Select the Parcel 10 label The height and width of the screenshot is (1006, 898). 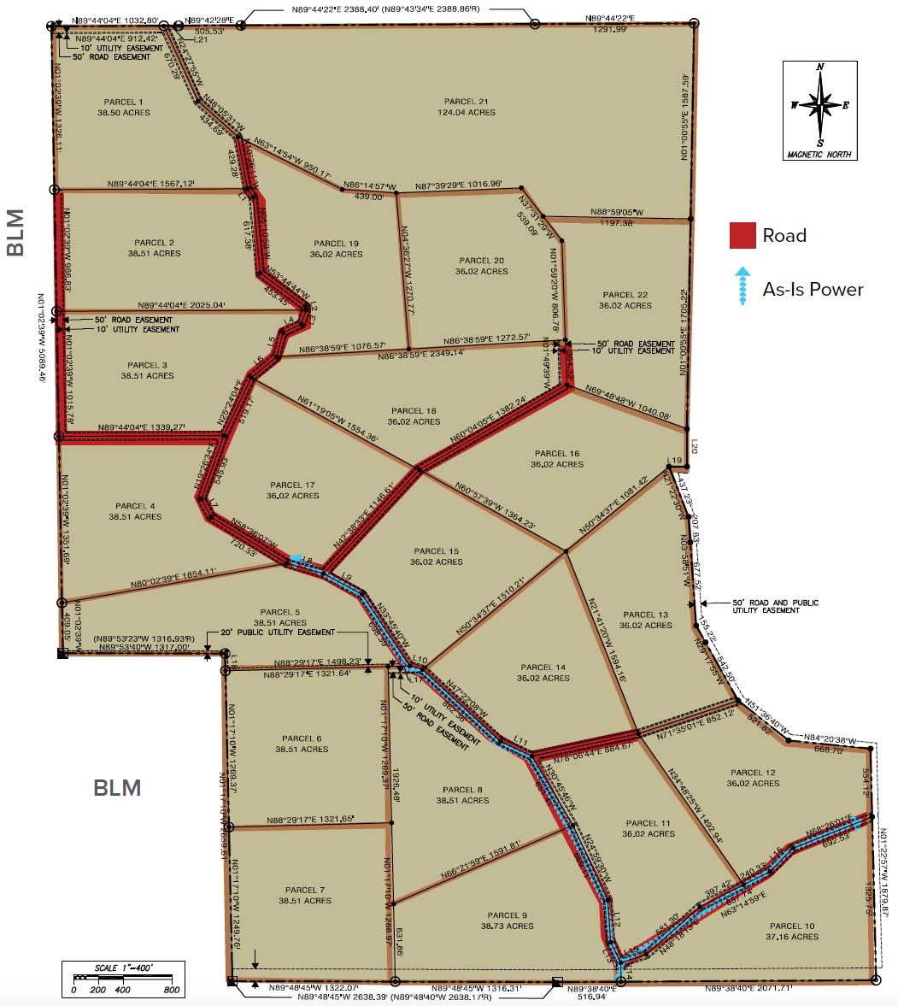point(792,926)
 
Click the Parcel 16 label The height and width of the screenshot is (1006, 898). point(556,454)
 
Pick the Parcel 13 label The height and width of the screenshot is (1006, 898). point(646,615)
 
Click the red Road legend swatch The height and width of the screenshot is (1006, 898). point(742,236)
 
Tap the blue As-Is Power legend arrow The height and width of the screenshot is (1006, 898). point(742,285)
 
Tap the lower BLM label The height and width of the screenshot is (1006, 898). point(117,787)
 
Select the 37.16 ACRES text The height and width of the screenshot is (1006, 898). point(792,937)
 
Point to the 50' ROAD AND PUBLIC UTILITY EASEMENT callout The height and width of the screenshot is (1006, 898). point(775,606)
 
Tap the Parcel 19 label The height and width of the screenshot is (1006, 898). point(337,244)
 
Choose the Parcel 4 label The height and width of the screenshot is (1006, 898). point(135,506)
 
